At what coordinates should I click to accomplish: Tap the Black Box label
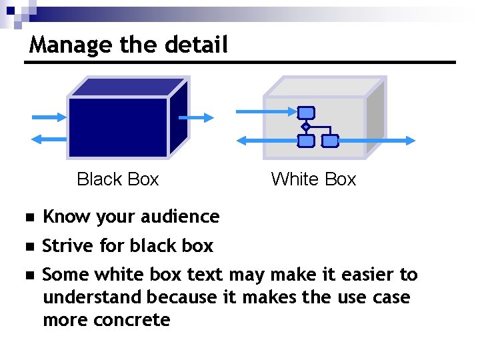tap(118, 179)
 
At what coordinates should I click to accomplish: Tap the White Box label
tap(313, 179)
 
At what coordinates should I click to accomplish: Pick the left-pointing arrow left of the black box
tap(49, 139)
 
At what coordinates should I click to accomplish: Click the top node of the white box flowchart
tap(305, 113)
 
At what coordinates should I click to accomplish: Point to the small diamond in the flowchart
tap(305, 126)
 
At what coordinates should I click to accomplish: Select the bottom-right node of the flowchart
tap(329, 141)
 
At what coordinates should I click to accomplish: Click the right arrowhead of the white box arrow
tap(408, 141)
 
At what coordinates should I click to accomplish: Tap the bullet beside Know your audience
tap(28, 218)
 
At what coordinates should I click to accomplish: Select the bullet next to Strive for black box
tap(28, 247)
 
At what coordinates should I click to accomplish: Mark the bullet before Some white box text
tap(28, 275)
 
